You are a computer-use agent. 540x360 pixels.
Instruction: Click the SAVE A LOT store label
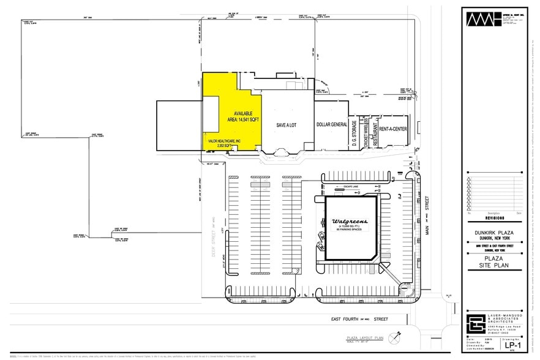pyautogui.click(x=286, y=124)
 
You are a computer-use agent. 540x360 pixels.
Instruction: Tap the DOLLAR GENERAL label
pyautogui.click(x=331, y=124)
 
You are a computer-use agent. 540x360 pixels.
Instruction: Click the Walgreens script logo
pyautogui.click(x=350, y=220)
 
